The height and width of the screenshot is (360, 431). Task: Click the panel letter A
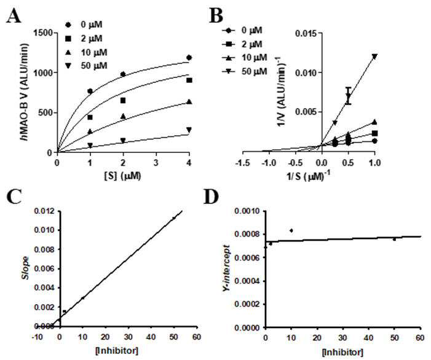[14, 16]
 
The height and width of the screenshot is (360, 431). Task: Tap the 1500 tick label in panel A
[44, 33]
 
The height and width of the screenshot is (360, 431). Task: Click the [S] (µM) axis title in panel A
[122, 176]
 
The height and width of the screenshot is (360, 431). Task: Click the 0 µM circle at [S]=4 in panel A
[189, 58]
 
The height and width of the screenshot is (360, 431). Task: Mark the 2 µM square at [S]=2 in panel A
[123, 101]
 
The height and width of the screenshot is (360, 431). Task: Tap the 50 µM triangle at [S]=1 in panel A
[90, 145]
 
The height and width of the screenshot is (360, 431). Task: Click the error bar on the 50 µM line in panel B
[349, 96]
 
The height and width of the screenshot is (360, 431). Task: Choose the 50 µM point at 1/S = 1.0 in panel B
[374, 57]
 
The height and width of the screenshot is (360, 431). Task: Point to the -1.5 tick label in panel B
[243, 162]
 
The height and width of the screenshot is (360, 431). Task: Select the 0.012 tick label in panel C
[44, 211]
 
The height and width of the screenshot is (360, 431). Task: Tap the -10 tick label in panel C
[37, 337]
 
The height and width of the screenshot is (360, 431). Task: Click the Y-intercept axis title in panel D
[228, 269]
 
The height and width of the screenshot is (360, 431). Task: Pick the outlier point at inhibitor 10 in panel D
[291, 230]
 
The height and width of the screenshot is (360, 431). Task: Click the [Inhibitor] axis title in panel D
[342, 352]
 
